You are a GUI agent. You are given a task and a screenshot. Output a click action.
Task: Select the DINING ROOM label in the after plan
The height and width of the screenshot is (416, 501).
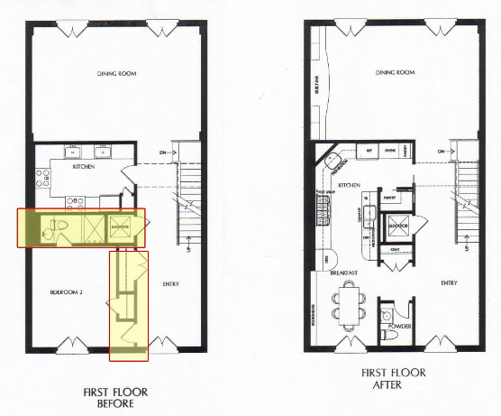(394, 73)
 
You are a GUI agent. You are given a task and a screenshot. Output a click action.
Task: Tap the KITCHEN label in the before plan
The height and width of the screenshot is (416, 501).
(84, 168)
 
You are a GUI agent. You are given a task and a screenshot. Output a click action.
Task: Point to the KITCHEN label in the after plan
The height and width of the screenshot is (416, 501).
(351, 184)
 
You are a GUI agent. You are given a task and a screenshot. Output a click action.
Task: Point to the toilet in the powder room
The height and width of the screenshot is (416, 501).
(389, 335)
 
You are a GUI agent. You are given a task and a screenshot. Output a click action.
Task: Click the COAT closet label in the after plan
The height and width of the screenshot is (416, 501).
(395, 249)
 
